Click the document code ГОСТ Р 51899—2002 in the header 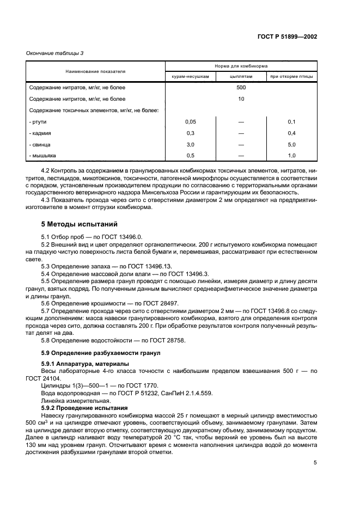[286, 36]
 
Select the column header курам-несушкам [191, 77]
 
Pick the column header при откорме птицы [291, 77]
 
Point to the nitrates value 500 [241, 88]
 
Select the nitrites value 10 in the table [241, 99]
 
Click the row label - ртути [37, 122]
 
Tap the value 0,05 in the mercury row [191, 122]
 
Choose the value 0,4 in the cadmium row [291, 133]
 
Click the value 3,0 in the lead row [191, 145]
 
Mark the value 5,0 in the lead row [291, 145]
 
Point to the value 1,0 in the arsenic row [291, 156]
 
